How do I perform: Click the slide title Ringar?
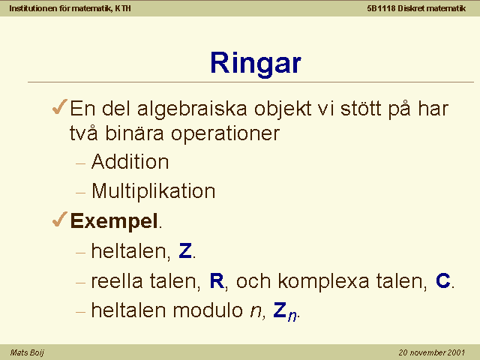256,63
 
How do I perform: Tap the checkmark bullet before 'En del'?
60,107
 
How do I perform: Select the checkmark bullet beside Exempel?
60,219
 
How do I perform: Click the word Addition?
130,161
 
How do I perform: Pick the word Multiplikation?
153,191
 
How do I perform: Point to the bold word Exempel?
114,221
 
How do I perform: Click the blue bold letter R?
217,280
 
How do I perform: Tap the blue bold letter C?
443,280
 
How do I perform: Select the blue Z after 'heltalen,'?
185,250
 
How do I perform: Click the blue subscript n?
292,316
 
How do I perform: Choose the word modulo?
208,310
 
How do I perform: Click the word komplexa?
323,282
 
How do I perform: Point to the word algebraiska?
192,109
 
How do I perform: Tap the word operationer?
225,134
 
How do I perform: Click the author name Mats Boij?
27,352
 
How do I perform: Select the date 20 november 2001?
432,352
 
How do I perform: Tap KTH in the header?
123,8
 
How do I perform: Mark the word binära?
134,133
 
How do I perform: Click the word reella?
117,280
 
